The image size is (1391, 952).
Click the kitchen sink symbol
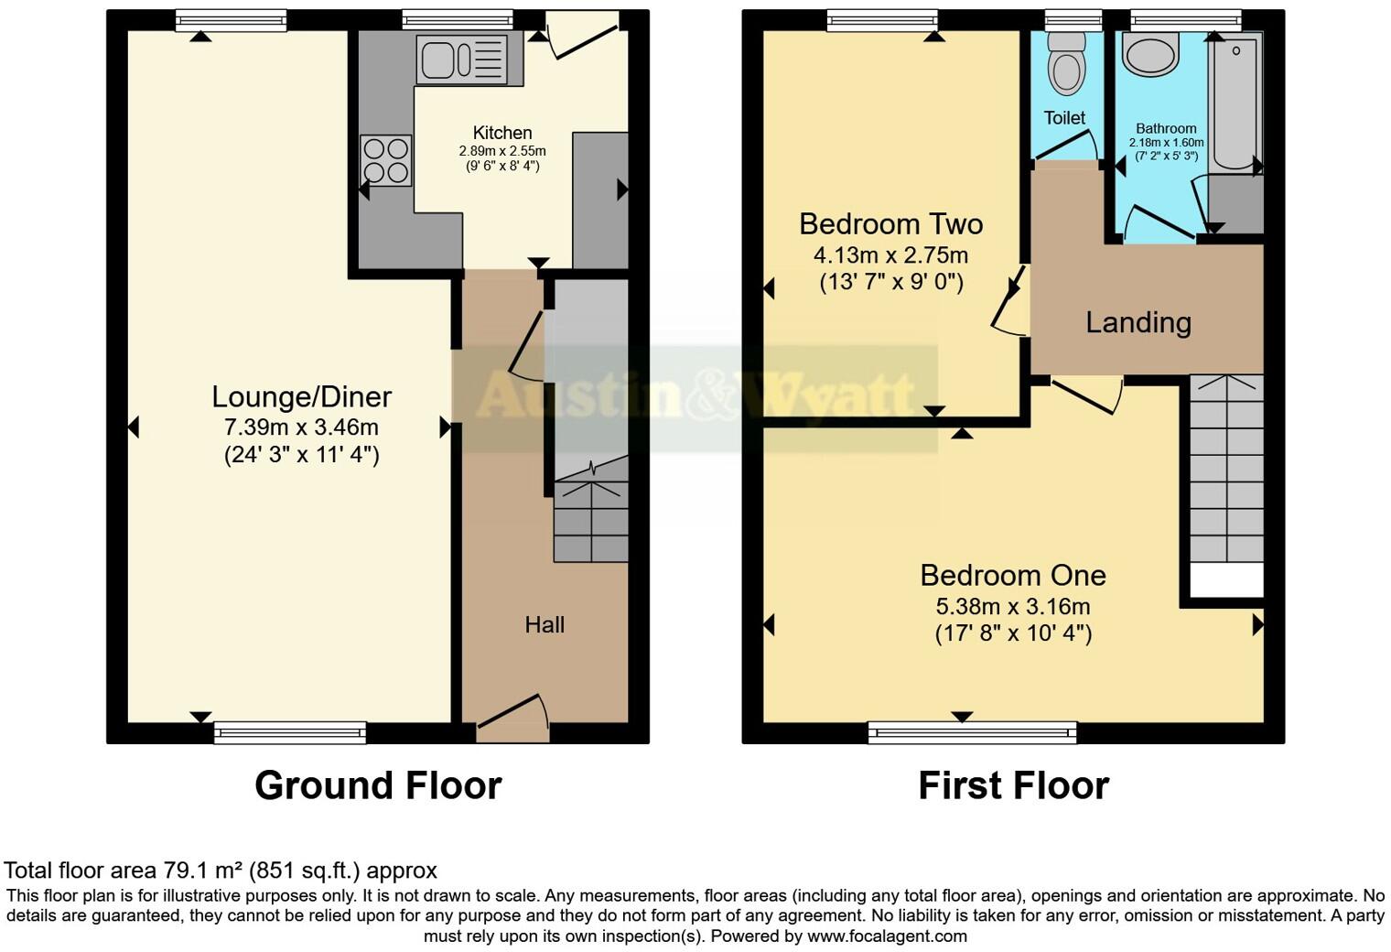click(x=462, y=59)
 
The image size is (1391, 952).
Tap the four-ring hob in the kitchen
click(x=385, y=160)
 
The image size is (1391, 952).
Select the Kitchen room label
click(x=501, y=133)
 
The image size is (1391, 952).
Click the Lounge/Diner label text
click(x=301, y=396)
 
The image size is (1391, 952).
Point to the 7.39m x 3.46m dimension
click(x=301, y=427)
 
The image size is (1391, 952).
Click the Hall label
click(x=545, y=625)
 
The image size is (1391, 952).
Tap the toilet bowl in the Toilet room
click(x=1066, y=64)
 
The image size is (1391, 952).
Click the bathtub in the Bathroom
click(x=1235, y=101)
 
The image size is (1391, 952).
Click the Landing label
click(x=1138, y=322)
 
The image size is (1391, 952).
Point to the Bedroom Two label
click(x=890, y=224)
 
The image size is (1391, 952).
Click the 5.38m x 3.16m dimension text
click(x=1012, y=606)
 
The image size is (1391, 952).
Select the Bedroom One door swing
click(x=1089, y=395)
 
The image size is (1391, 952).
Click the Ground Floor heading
click(x=378, y=785)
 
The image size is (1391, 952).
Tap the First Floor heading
click(x=1013, y=785)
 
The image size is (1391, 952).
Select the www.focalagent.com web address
click(x=886, y=936)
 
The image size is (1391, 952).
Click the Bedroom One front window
click(x=972, y=731)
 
